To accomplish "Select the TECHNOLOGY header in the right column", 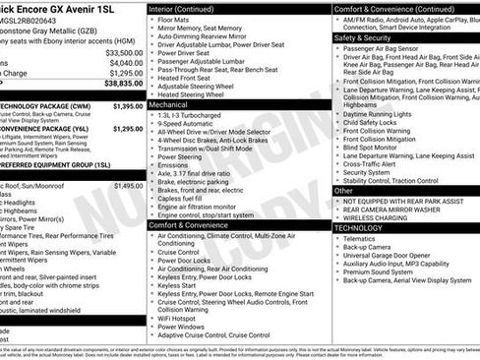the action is [358, 227].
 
